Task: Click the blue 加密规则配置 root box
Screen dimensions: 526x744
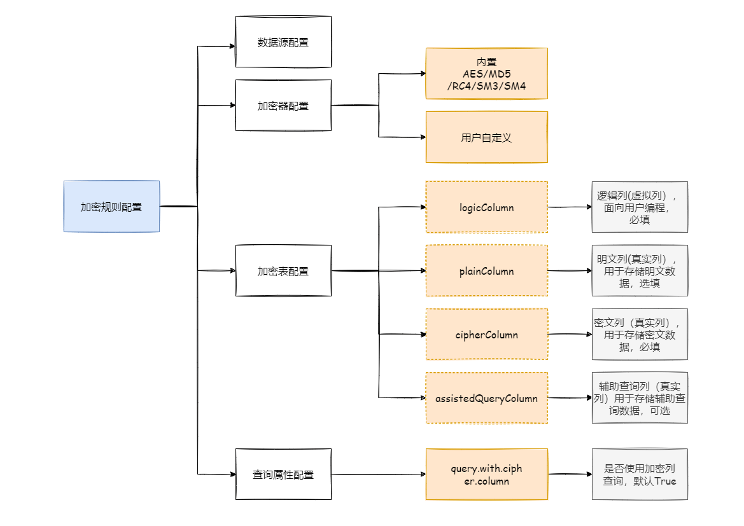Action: [x=111, y=207]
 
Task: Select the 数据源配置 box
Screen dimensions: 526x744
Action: [x=283, y=42]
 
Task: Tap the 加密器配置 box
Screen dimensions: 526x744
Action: [x=283, y=106]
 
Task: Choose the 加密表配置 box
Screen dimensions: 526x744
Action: [x=283, y=271]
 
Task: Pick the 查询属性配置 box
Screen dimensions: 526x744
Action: [x=283, y=474]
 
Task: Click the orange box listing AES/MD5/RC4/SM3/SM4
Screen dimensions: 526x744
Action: [x=486, y=74]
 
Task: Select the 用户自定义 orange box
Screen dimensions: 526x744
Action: [x=486, y=137]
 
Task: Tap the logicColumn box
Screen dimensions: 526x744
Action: [x=486, y=207]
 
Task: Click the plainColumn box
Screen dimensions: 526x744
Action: [x=486, y=271]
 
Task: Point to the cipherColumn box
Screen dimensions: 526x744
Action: [x=486, y=335]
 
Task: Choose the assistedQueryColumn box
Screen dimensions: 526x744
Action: [x=486, y=398]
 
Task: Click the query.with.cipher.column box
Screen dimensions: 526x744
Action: [x=486, y=474]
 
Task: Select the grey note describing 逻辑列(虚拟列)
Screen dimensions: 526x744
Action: [x=640, y=207]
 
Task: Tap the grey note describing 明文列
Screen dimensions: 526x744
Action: [x=640, y=271]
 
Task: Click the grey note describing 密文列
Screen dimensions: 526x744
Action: [x=640, y=335]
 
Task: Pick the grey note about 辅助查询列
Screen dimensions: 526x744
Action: [x=640, y=398]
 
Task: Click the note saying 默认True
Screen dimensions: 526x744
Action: [x=640, y=474]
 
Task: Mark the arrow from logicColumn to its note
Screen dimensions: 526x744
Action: [x=570, y=207]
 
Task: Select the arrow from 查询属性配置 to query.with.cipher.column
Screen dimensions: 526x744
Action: [x=379, y=474]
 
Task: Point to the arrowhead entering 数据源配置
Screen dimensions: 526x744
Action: [x=232, y=46]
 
